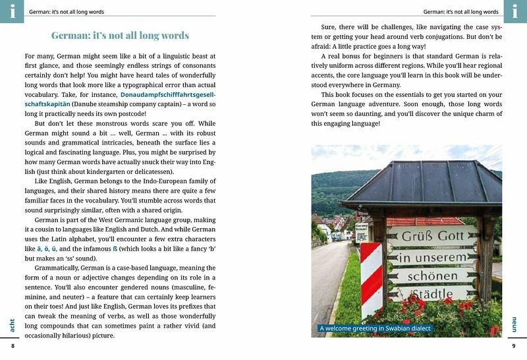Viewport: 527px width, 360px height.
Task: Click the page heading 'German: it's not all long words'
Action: [x=120, y=36]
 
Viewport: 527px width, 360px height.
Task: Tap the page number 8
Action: [x=12, y=346]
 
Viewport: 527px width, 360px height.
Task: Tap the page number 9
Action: [x=514, y=346]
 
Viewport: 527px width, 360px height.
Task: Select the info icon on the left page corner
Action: [x=12, y=11]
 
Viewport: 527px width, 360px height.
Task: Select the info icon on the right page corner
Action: [x=515, y=11]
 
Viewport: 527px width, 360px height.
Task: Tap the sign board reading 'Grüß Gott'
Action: [x=432, y=236]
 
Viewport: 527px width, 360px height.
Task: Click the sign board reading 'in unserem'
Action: [x=431, y=256]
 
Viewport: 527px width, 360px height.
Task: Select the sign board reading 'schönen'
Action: [x=432, y=276]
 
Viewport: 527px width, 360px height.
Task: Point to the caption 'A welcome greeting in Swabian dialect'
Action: [x=374, y=328]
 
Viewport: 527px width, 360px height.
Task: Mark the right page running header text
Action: [x=460, y=12]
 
